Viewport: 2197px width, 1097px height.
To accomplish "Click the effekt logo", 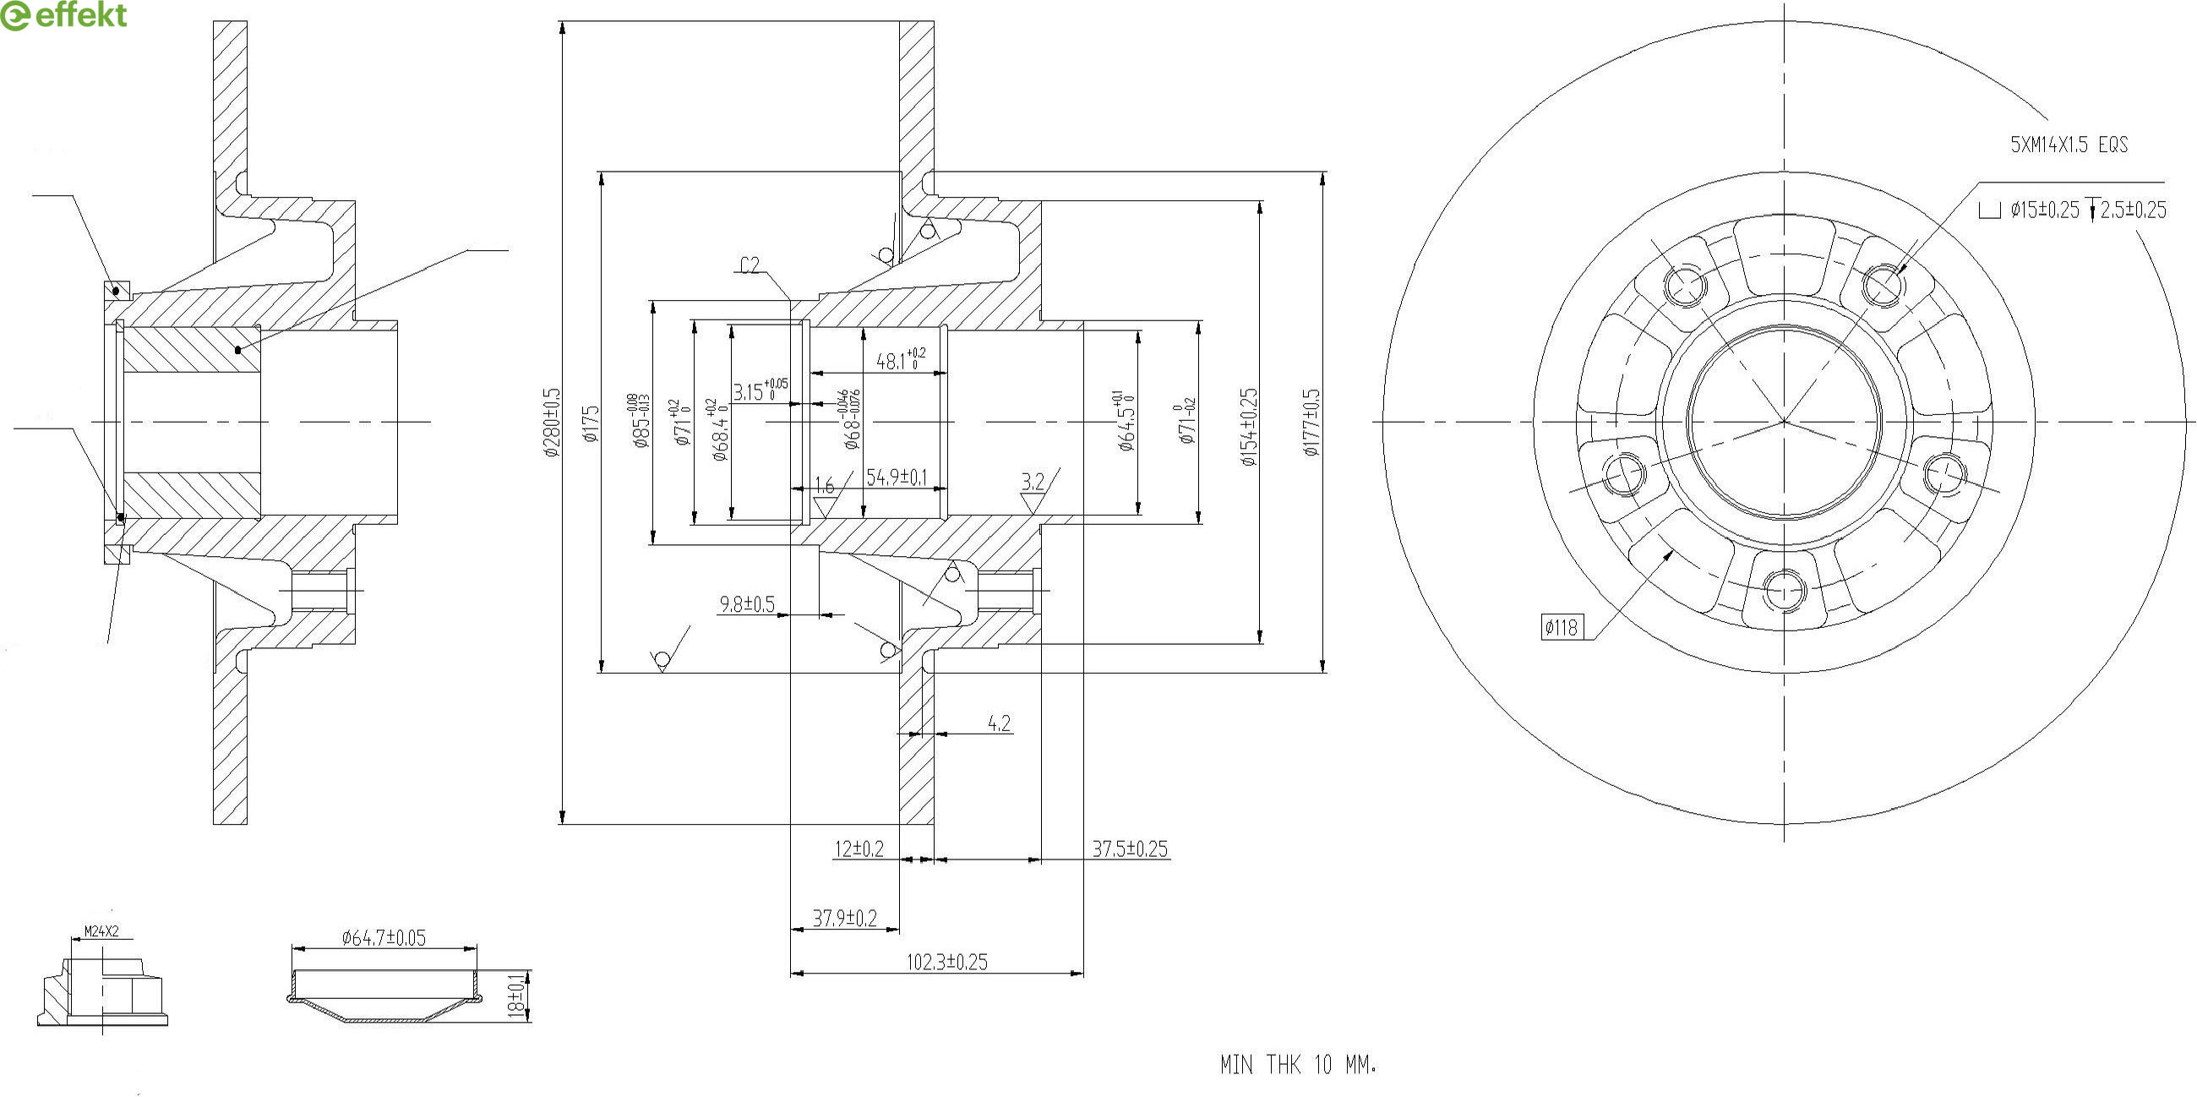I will tap(64, 15).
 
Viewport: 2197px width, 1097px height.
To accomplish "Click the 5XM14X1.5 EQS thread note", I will tap(2069, 145).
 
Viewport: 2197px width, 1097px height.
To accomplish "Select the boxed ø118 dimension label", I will tap(1561, 628).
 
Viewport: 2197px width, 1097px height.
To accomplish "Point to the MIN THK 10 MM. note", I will tap(1298, 1065).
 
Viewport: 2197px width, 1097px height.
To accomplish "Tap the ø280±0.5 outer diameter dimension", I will tap(552, 423).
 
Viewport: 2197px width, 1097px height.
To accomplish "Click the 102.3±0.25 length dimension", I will tap(946, 963).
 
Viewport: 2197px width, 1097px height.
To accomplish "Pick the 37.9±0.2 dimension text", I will tap(844, 918).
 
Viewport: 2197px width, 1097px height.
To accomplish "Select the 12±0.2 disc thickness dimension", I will tap(859, 849).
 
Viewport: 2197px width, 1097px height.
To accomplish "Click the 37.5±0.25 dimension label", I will tap(1130, 849).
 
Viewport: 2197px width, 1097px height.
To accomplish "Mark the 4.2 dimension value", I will tap(999, 723).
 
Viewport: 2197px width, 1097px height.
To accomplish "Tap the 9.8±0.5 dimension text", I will tap(747, 605).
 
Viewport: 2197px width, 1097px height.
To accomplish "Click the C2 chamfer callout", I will tap(750, 265).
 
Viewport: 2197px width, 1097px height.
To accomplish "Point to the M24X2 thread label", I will tap(101, 931).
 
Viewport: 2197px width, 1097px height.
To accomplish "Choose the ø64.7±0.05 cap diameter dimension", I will tap(384, 938).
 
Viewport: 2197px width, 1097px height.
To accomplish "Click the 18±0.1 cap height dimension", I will tap(516, 996).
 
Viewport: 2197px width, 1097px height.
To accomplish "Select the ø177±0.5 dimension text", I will tap(1311, 423).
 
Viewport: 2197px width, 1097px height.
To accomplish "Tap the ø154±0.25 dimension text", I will tap(1250, 427).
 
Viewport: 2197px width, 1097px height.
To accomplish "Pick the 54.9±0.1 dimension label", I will tap(897, 477).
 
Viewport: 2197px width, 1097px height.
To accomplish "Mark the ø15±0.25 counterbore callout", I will tap(2044, 210).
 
